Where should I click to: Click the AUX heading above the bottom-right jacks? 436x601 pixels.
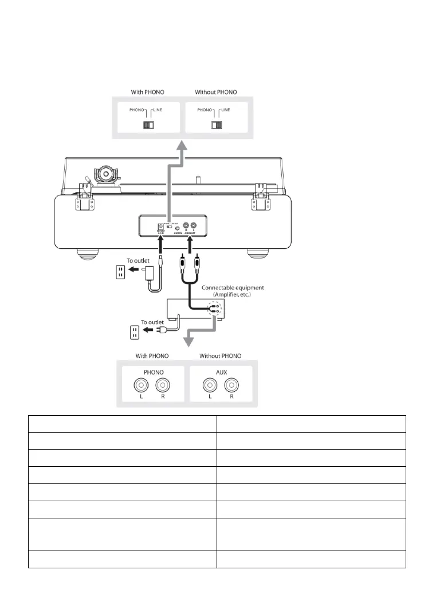tap(222, 371)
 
